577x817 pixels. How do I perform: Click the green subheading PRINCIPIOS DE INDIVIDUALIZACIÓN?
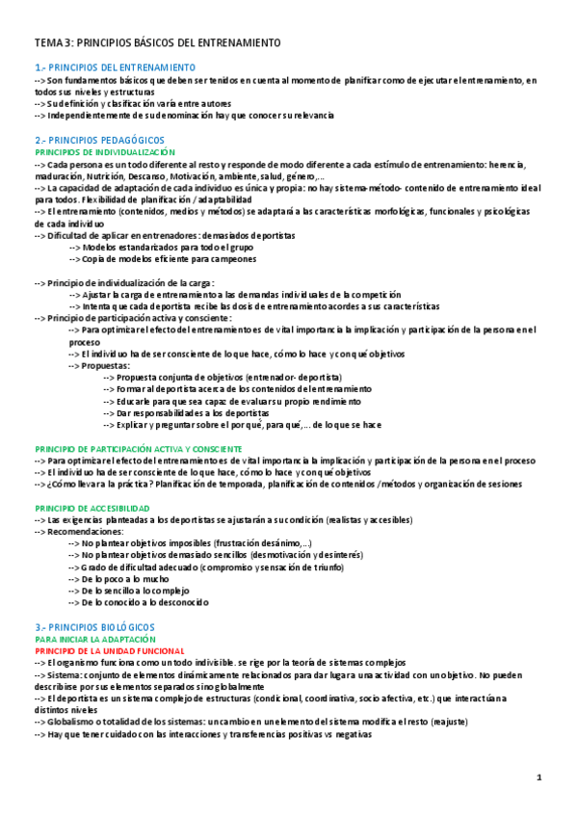(x=105, y=152)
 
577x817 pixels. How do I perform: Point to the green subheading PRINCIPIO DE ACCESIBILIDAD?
(x=92, y=507)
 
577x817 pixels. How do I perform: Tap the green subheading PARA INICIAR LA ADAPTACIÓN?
(x=94, y=639)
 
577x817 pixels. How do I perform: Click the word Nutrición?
(x=108, y=176)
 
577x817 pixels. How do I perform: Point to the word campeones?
(x=231, y=259)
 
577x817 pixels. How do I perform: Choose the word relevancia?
(x=308, y=116)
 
